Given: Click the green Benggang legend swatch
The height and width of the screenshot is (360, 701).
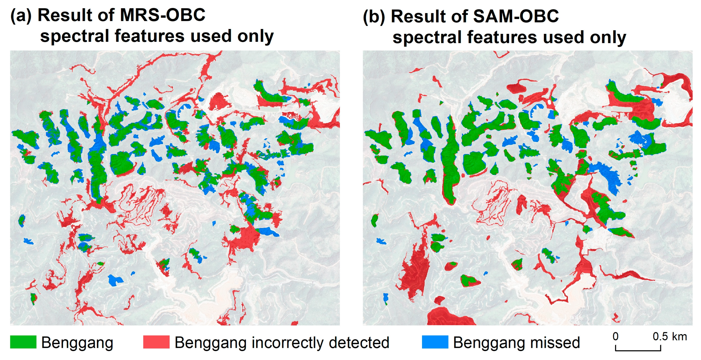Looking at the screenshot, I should coord(23,342).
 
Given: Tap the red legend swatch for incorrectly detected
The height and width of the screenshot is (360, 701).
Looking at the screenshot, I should coord(156,342).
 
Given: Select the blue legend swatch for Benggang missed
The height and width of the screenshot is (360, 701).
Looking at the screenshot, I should coord(435,342).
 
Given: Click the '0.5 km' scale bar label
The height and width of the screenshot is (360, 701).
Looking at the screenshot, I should coord(670,337).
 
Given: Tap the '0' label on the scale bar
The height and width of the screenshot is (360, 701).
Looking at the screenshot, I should coord(615,337).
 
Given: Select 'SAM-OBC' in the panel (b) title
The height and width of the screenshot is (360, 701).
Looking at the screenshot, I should coord(516,16).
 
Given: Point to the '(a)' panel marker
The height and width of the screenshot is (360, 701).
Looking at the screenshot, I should coord(21,16).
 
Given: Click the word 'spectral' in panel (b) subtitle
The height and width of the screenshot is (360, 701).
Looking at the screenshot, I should coord(427,37).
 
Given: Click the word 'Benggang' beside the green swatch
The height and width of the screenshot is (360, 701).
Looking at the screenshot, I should coord(77,342).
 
